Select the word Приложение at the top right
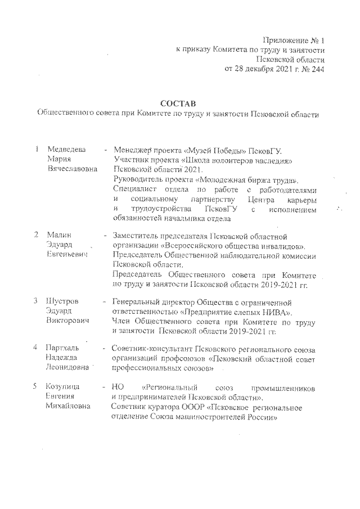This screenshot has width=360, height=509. click(x=283, y=40)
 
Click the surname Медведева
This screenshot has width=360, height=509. click(x=67, y=150)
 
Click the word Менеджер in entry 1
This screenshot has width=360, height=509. click(x=134, y=150)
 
